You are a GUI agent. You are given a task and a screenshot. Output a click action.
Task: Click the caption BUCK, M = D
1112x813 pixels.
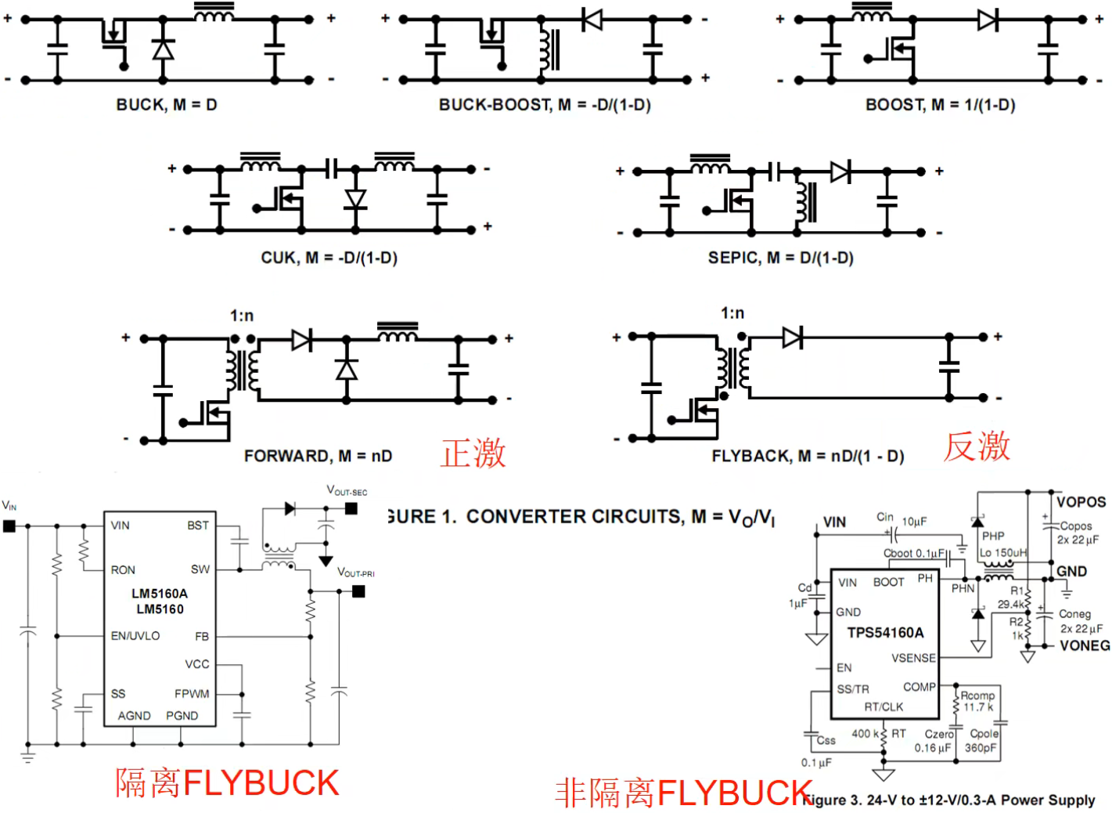[167, 105]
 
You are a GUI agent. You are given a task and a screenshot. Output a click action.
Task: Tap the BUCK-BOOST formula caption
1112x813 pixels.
[545, 105]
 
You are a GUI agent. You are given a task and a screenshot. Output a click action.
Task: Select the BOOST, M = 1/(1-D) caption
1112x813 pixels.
[940, 105]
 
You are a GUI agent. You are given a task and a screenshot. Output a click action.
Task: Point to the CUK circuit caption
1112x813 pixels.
[329, 258]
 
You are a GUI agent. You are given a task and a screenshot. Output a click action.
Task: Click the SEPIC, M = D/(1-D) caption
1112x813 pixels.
[780, 258]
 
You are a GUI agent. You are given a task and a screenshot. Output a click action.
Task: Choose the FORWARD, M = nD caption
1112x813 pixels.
[318, 456]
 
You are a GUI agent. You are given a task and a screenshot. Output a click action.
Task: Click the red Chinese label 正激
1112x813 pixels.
[473, 453]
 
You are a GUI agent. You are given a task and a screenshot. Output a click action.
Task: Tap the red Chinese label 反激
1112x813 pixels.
[977, 446]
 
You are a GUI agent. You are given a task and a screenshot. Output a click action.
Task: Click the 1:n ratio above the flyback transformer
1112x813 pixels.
[732, 313]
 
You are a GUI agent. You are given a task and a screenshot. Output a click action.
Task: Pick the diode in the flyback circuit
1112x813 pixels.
[792, 338]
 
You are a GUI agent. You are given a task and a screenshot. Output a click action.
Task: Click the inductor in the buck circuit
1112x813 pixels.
[214, 13]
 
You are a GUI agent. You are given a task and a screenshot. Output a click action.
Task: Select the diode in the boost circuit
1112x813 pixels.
[988, 19]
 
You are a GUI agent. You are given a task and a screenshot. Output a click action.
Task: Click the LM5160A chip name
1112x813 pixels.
[160, 594]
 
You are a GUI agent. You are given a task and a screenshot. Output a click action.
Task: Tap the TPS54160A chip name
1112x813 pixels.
[885, 633]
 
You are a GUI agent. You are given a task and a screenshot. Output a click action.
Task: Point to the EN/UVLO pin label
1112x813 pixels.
[135, 636]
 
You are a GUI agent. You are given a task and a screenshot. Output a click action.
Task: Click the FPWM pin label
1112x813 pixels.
[192, 694]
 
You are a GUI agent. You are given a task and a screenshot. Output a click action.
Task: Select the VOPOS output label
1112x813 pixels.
[1081, 502]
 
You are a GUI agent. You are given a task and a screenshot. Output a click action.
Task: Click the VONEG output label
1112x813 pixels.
[1085, 645]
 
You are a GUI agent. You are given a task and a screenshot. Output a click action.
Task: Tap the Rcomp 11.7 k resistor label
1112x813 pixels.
[977, 701]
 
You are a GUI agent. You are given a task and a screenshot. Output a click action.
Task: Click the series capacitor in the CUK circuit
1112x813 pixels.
[332, 168]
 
